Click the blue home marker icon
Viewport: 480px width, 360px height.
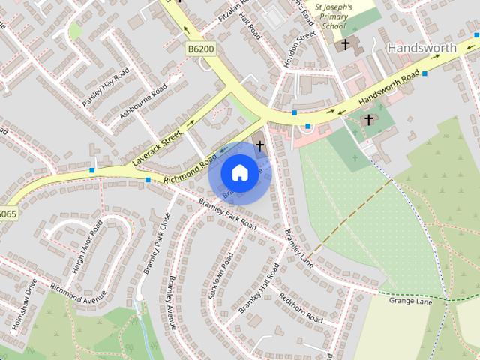[239, 173]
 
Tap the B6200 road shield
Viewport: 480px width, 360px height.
[200, 49]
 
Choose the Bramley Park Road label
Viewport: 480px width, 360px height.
[227, 214]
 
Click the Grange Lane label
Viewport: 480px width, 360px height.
[410, 301]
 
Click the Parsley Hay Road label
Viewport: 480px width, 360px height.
[106, 87]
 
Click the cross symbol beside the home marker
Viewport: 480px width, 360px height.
[259, 147]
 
